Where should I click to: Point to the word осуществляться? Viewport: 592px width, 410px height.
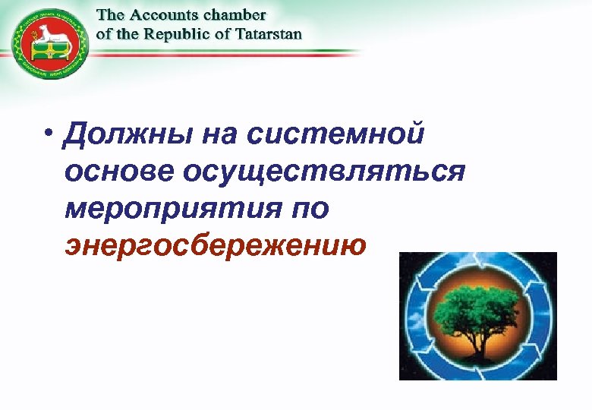323,172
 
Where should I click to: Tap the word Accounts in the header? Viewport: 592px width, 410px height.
164,16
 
